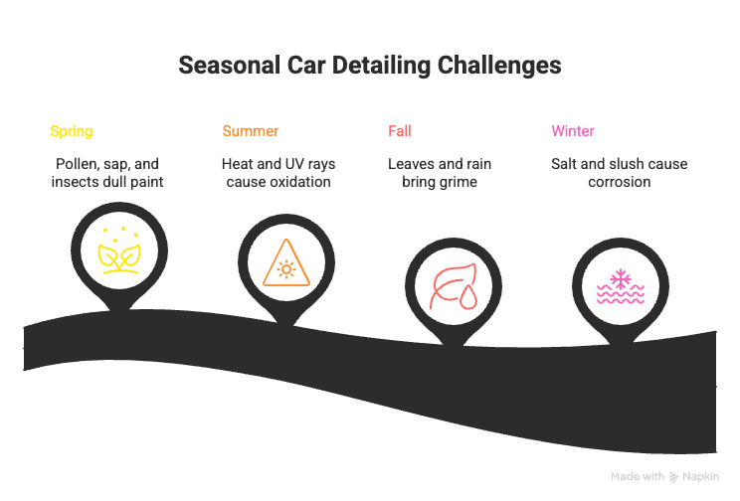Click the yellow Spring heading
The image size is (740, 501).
pyautogui.click(x=72, y=131)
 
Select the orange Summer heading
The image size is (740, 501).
pyautogui.click(x=251, y=130)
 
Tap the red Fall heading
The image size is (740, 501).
pyautogui.click(x=400, y=130)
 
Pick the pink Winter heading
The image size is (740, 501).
pyautogui.click(x=573, y=130)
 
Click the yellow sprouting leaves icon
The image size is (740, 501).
pyautogui.click(x=119, y=250)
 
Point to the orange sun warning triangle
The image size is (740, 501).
pyautogui.click(x=286, y=263)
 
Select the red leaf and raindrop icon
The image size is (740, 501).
pyautogui.click(x=454, y=287)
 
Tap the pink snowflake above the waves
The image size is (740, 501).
pyautogui.click(x=620, y=278)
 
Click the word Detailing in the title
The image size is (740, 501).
pyautogui.click(x=381, y=66)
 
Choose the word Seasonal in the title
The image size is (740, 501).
pyautogui.click(x=230, y=65)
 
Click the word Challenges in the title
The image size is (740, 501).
pyautogui.click(x=499, y=66)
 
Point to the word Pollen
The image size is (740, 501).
pyautogui.click(x=74, y=164)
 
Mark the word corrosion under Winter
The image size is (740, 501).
pyautogui.click(x=620, y=182)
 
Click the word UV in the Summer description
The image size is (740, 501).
pyautogui.click(x=295, y=164)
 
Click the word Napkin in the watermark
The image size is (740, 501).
pyautogui.click(x=700, y=476)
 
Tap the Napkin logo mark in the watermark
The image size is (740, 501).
pyautogui.click(x=673, y=477)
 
